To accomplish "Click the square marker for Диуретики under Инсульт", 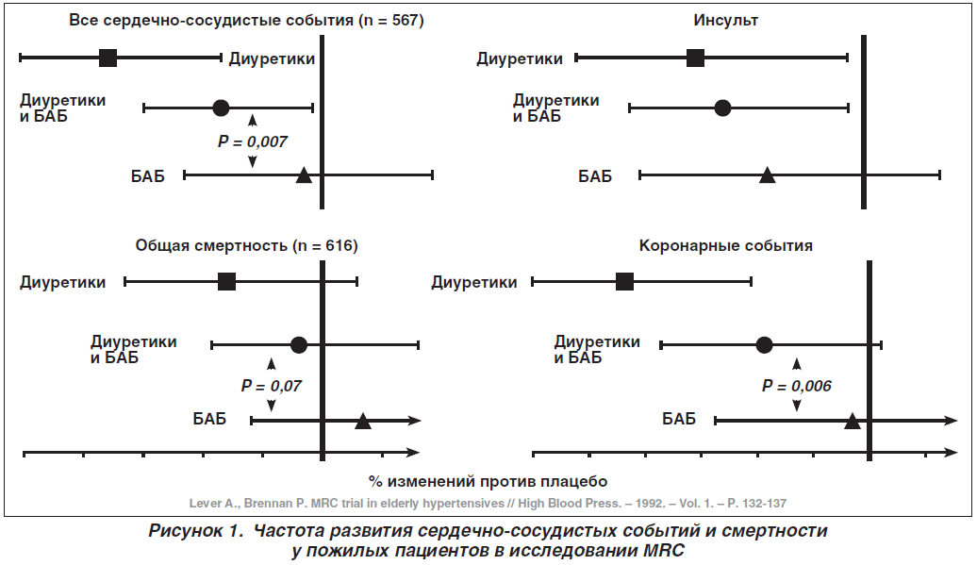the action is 695,58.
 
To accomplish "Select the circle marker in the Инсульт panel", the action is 722,108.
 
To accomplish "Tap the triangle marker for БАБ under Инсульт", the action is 767,175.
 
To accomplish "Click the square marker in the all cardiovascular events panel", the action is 108,58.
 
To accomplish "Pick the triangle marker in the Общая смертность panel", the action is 363,421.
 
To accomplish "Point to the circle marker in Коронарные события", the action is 764,344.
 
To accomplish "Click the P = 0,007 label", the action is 253,142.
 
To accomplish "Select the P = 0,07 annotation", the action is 271,386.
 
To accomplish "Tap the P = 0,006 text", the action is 796,386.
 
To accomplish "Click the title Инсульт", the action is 726,20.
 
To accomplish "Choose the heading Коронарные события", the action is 726,245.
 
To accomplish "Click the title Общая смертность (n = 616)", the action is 247,245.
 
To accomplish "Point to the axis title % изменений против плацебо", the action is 488,482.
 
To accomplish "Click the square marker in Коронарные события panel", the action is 624,282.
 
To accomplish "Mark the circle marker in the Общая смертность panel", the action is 299,344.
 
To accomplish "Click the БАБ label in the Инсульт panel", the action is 595,176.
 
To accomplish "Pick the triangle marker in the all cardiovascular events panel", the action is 304,175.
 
